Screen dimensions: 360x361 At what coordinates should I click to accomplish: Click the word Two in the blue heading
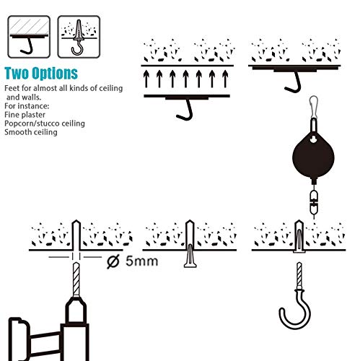click(x=17, y=74)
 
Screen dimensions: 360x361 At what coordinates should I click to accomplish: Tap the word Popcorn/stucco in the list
click(x=32, y=123)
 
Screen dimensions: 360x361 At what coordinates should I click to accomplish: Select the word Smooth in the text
click(x=18, y=132)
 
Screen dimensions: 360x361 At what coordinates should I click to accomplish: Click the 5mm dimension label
click(x=142, y=261)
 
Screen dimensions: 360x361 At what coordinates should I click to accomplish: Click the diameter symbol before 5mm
click(x=113, y=261)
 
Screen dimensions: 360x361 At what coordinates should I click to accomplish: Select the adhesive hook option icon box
click(x=29, y=37)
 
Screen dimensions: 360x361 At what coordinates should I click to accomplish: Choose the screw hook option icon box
click(x=79, y=37)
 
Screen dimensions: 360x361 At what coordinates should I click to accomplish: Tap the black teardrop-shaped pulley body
click(x=313, y=157)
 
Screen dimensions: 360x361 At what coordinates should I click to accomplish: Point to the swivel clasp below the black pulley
click(x=314, y=202)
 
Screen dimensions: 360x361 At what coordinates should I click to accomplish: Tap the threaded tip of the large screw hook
click(x=299, y=274)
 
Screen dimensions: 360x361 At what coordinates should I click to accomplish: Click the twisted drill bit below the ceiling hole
click(x=76, y=279)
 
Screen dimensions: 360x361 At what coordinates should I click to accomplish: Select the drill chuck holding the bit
click(x=76, y=310)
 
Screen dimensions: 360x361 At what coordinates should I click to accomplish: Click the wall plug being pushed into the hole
click(x=190, y=256)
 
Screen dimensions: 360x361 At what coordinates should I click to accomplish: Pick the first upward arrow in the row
click(x=146, y=79)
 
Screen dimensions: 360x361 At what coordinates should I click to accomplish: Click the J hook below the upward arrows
click(x=185, y=110)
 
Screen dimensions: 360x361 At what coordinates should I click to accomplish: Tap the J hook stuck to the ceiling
click(x=294, y=82)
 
